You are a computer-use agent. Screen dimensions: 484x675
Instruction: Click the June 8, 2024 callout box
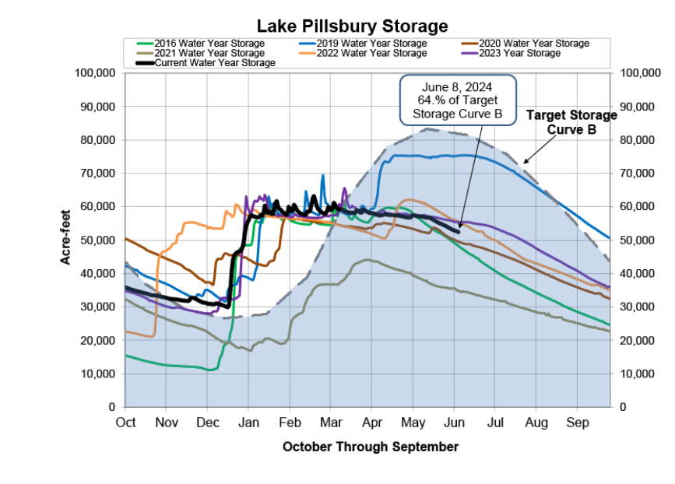click(459, 100)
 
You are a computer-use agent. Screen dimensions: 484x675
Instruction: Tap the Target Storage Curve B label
click(572, 122)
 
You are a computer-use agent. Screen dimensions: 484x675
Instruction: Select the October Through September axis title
click(370, 447)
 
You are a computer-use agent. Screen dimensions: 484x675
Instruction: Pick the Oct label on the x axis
click(125, 423)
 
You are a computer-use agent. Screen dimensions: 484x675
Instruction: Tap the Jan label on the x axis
click(248, 423)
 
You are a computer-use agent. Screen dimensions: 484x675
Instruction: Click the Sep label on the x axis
click(577, 423)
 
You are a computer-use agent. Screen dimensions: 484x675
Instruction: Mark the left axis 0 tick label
click(111, 407)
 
